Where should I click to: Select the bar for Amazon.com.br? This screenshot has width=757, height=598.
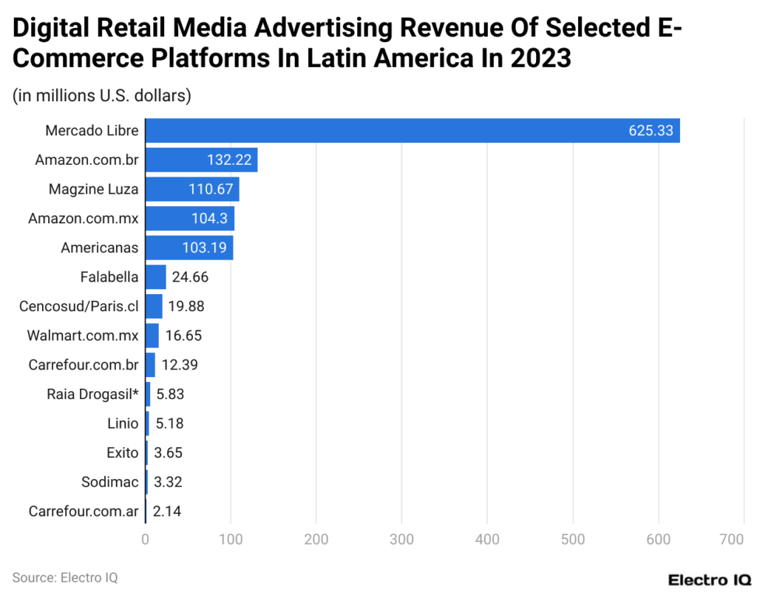click(x=201, y=160)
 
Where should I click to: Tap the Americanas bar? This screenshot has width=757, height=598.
click(x=189, y=248)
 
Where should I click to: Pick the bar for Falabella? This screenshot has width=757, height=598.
click(x=155, y=277)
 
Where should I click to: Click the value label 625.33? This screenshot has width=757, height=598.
click(x=651, y=131)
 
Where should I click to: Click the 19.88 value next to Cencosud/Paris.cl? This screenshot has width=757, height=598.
click(x=186, y=306)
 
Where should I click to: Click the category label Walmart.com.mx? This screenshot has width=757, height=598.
click(x=83, y=336)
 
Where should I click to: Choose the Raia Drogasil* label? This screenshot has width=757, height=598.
click(x=92, y=394)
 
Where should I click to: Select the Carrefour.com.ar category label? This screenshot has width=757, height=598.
click(x=84, y=511)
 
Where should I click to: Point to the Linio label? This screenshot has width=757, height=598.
click(x=123, y=424)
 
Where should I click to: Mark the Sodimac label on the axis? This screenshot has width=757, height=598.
click(x=110, y=482)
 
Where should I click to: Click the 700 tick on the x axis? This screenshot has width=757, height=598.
click(x=732, y=540)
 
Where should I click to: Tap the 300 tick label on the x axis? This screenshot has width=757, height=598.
click(x=401, y=540)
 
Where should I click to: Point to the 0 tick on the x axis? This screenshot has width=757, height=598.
click(x=145, y=540)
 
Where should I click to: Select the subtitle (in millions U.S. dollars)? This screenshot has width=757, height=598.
click(x=102, y=95)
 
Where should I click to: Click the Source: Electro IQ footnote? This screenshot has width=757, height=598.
click(x=65, y=577)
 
